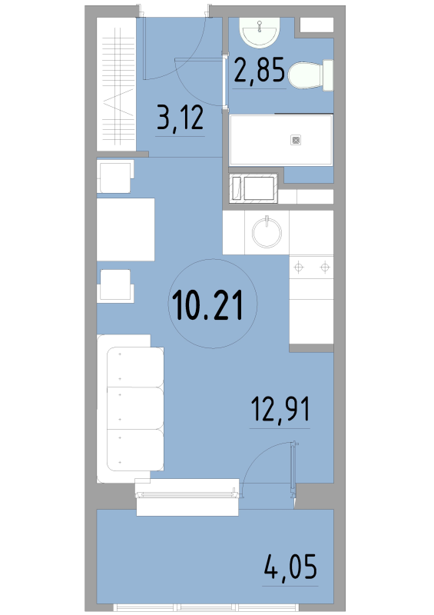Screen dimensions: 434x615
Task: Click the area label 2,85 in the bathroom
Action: pyautogui.click(x=259, y=71)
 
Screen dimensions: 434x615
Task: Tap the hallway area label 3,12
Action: pyautogui.click(x=180, y=118)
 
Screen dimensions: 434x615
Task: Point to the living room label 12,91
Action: pyautogui.click(x=280, y=410)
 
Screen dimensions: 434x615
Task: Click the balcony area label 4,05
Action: pyautogui.click(x=290, y=567)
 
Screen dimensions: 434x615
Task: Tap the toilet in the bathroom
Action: pyautogui.click(x=310, y=75)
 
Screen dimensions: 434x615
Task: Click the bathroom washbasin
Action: pyautogui.click(x=260, y=32)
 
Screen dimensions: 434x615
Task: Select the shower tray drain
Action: pyautogui.click(x=296, y=140)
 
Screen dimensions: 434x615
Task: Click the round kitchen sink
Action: pyautogui.click(x=267, y=233)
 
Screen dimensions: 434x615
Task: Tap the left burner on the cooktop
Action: pyautogui.click(x=299, y=268)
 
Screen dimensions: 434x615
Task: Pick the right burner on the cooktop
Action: pyautogui.click(x=324, y=268)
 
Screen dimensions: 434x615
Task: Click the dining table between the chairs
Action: pyautogui.click(x=125, y=229)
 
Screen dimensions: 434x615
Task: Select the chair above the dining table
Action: pyautogui.click(x=115, y=177)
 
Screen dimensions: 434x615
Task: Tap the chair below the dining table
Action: pyautogui.click(x=115, y=285)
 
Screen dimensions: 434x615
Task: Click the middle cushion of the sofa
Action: pyautogui.click(x=135, y=409)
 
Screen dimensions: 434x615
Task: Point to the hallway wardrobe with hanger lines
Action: pyautogui.click(x=116, y=84)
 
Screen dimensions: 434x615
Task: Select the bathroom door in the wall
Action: pyautogui.click(x=225, y=81)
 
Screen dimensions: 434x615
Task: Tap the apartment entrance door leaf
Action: pyautogui.click(x=144, y=48)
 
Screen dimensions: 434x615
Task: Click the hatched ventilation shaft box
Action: pyautogui.click(x=253, y=188)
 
